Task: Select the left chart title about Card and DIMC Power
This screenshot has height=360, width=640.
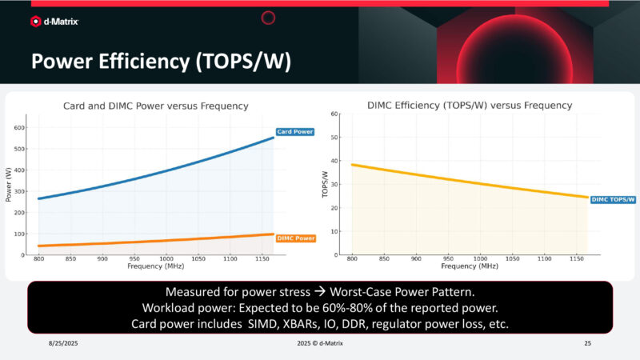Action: coord(156,106)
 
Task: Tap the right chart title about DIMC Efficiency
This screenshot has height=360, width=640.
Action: coord(470,105)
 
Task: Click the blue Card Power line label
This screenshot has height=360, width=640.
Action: coord(295,132)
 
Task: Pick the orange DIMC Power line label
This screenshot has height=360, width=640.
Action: coord(295,238)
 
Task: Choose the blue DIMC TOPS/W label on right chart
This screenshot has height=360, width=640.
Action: coord(614,199)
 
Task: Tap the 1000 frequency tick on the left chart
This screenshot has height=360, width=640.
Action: coord(166,259)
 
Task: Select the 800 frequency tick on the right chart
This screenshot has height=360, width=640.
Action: coord(352,259)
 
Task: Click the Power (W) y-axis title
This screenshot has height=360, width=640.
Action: coord(9,186)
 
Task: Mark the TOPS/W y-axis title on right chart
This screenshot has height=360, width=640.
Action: coord(325,184)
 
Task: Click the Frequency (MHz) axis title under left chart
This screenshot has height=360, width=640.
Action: coord(156,266)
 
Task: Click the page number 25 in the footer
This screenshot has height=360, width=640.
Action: coord(588,342)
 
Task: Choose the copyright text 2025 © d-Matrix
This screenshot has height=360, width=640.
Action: coord(320,342)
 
